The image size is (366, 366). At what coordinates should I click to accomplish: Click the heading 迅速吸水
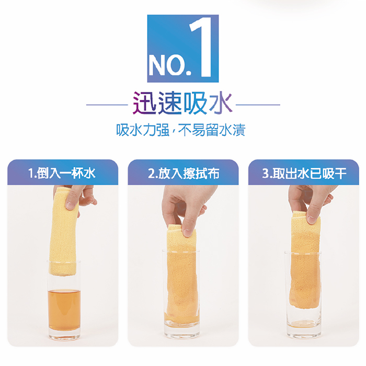click(x=182, y=102)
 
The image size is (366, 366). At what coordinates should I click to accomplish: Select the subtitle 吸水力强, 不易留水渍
click(x=181, y=130)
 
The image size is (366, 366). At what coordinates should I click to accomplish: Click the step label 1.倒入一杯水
click(x=62, y=173)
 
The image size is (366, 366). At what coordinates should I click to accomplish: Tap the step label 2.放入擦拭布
click(x=184, y=173)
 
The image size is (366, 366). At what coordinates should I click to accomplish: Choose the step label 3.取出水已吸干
click(x=304, y=173)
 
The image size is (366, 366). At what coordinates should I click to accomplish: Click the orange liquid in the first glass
click(x=64, y=310)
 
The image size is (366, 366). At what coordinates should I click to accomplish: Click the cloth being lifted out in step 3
click(x=305, y=261)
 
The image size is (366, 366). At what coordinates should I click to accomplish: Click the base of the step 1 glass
click(x=64, y=335)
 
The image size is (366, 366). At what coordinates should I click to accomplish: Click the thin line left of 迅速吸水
click(x=107, y=105)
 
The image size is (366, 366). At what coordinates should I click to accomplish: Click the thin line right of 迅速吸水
click(x=258, y=105)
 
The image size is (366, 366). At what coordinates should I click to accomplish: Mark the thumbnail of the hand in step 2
click(x=187, y=233)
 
